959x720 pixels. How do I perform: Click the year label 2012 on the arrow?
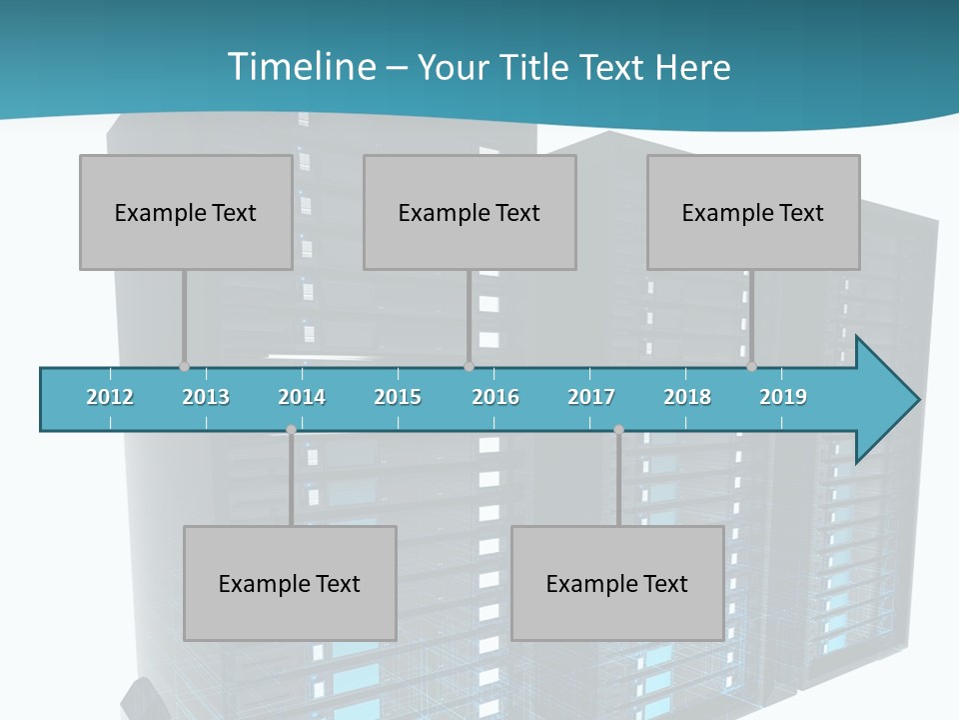110,397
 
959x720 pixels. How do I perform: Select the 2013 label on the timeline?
206,397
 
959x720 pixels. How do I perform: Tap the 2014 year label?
302,397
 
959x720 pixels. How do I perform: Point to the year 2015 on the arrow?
398,397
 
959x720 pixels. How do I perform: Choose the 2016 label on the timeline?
495,397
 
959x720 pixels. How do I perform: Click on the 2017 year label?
591,397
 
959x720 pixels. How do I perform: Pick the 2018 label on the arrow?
687,397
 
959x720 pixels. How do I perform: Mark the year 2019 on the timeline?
783,397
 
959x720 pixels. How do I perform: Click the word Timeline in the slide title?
299,67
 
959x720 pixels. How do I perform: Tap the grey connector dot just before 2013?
184,367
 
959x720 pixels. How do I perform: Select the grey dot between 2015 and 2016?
469,367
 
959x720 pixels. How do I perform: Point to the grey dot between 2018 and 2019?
751,367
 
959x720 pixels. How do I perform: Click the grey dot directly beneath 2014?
291,430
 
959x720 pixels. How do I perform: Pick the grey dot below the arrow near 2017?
618,430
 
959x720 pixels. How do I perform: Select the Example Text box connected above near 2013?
186,212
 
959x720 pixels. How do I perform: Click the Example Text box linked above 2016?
470,212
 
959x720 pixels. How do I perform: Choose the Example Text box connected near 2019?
753,212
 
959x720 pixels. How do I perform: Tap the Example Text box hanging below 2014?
290,583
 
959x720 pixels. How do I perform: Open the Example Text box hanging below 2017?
617,583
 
